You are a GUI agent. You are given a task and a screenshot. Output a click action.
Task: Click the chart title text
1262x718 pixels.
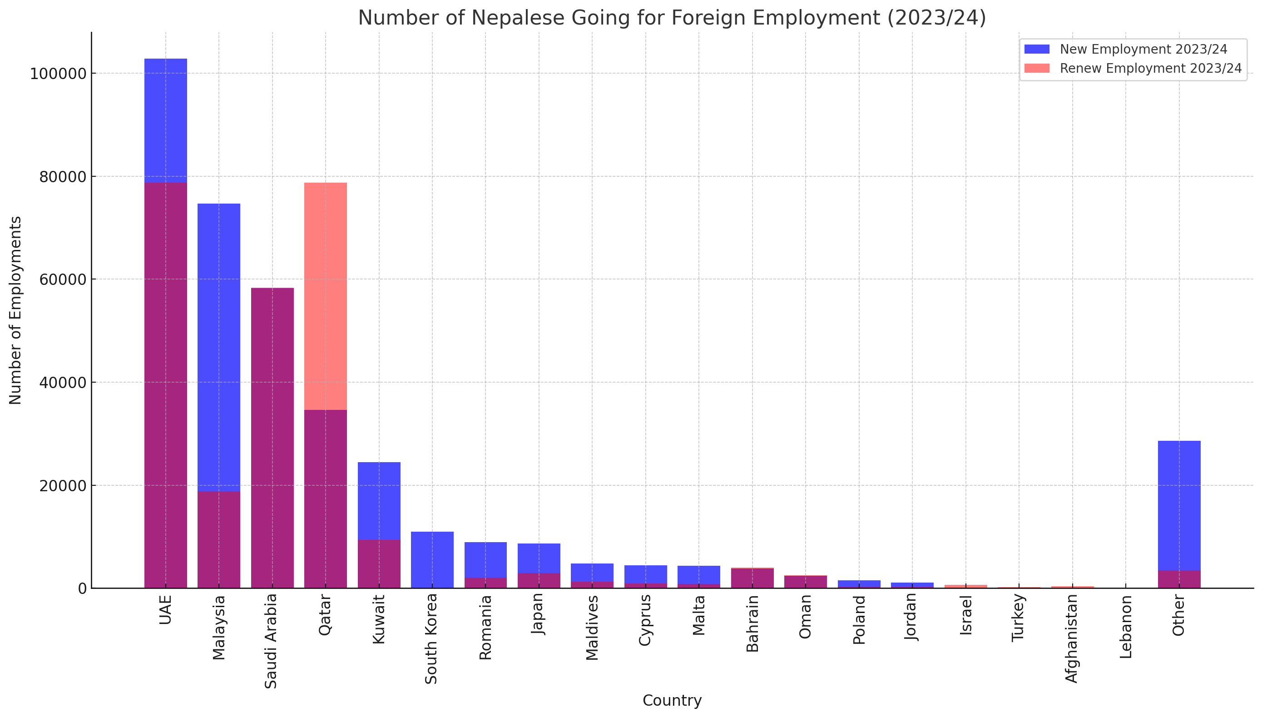(672, 18)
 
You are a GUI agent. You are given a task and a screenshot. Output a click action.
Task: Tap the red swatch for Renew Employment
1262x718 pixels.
(1036, 68)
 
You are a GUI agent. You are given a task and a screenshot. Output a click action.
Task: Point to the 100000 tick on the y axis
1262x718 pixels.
(58, 74)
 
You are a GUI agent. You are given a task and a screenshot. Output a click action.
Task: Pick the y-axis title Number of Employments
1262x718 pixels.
(15, 310)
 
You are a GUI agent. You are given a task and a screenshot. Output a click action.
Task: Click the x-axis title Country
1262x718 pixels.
(672, 700)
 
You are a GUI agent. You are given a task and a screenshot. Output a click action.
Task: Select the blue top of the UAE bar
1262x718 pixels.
(166, 120)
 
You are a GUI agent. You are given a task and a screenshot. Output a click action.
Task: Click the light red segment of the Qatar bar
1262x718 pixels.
(325, 296)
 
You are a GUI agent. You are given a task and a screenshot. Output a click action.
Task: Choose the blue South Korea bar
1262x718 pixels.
(432, 560)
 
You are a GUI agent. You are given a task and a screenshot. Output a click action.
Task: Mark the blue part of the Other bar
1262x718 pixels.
(1179, 505)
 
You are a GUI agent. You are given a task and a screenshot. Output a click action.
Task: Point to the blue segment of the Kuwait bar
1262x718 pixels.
(379, 500)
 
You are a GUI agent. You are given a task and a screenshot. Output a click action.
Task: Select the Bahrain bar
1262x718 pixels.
(752, 578)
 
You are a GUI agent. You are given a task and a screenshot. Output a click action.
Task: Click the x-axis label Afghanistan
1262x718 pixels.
(1072, 638)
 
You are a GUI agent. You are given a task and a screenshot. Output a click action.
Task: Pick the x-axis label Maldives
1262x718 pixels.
(592, 627)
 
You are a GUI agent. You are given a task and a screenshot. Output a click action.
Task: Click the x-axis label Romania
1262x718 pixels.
(485, 627)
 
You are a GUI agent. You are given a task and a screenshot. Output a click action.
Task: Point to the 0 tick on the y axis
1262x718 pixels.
(82, 588)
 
